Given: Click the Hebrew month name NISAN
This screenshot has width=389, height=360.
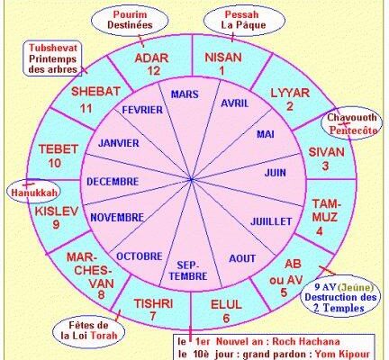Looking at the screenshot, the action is [223, 58].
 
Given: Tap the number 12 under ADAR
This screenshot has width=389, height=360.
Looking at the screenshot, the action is [153, 71].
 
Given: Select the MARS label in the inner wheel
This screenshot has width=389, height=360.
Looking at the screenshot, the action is [185, 94].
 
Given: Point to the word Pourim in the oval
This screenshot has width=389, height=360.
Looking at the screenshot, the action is [130, 14].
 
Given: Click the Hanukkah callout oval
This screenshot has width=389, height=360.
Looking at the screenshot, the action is [33, 192].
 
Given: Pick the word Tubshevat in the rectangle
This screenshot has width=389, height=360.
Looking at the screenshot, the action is [53, 48].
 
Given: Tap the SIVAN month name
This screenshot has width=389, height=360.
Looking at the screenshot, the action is [326, 152].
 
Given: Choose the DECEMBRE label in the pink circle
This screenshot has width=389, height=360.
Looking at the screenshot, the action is [113, 182].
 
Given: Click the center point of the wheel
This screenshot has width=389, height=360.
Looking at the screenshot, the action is [191, 180].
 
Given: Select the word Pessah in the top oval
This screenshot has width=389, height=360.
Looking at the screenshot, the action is [241, 14].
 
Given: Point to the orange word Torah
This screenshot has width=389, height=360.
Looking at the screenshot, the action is [104, 335].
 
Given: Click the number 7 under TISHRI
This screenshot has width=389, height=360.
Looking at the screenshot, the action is [153, 316].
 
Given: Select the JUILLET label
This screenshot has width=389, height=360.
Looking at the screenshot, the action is [271, 221].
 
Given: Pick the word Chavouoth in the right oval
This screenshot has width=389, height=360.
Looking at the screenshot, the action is [351, 117].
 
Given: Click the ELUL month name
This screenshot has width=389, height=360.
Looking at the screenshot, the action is [226, 304].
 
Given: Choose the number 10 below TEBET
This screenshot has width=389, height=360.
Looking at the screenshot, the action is [55, 163].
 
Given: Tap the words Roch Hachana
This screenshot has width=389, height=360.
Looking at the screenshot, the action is [306, 341].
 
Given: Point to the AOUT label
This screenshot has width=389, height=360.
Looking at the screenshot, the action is [242, 258].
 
